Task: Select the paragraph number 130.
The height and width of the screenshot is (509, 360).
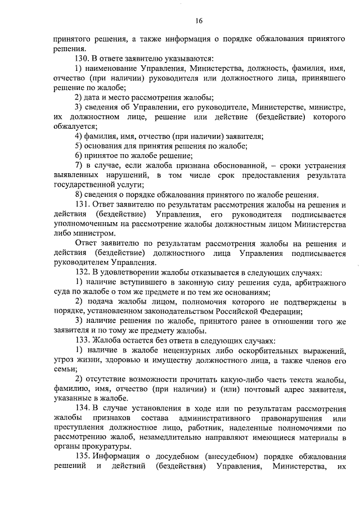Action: click(x=83, y=59)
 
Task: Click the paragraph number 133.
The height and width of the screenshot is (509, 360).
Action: click(x=83, y=340)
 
